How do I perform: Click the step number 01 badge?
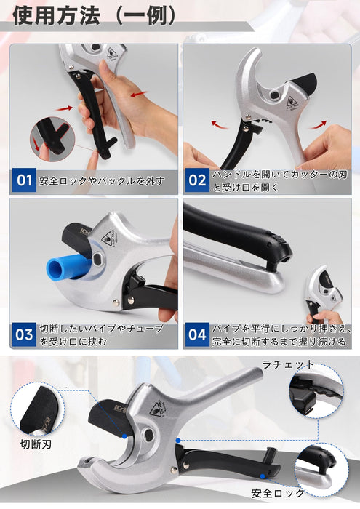tap(24, 180)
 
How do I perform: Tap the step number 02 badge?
tap(197, 180)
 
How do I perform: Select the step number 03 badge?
tap(24, 334)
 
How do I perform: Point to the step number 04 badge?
tap(197, 334)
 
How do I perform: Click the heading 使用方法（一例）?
tap(95, 15)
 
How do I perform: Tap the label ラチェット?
tap(288, 364)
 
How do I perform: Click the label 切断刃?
tap(36, 444)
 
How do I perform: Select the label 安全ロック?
tap(278, 494)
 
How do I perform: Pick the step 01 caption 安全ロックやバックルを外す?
tap(102, 181)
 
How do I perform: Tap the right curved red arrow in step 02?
tap(317, 124)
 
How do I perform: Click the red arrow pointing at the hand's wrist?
tap(139, 95)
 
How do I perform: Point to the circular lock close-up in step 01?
tap(52, 140)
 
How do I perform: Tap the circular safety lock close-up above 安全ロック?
tap(321, 470)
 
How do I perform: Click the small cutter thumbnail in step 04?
tap(324, 294)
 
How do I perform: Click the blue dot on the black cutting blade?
tap(124, 436)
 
